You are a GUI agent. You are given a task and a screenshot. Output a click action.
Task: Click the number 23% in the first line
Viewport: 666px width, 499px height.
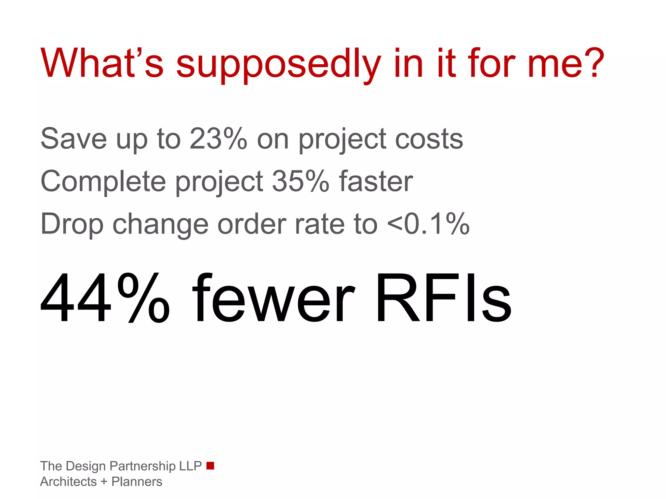pos(219,139)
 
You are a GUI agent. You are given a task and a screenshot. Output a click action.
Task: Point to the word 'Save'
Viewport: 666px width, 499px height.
pos(74,139)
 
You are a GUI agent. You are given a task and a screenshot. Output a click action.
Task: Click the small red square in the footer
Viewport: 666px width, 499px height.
pos(210,466)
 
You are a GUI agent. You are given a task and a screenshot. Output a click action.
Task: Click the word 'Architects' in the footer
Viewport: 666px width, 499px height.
pos(69,482)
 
